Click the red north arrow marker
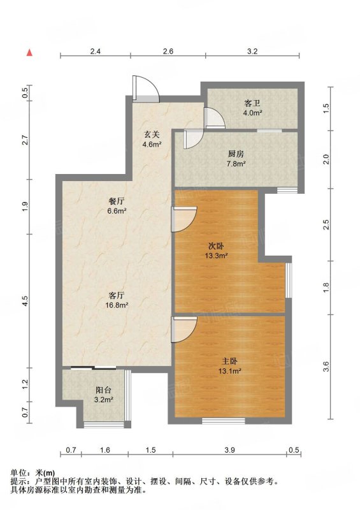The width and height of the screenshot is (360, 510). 29,52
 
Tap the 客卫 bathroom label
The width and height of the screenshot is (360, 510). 252,104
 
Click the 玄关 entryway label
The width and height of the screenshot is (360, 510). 152,134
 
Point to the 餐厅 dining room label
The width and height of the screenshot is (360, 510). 117,201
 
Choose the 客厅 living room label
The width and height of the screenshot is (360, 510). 117,296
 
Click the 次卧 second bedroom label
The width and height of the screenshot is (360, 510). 215,246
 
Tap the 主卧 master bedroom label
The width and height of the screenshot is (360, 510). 229,361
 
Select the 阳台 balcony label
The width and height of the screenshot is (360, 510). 103,390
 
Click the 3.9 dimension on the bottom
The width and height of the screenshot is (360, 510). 229,450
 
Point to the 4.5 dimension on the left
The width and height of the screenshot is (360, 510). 25,300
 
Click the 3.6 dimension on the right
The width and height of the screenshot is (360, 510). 326,367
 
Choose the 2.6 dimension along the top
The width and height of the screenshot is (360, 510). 168,51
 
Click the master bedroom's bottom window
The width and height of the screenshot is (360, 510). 224,421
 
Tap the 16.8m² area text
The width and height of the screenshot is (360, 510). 117,305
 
